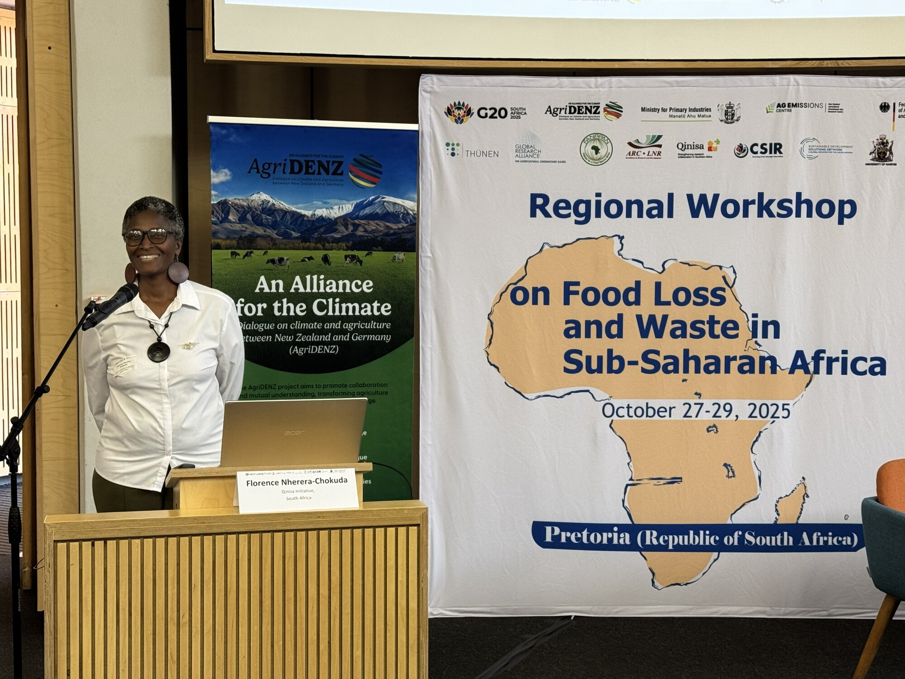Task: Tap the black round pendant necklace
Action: pos(158,351)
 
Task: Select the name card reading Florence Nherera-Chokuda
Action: pos(297,489)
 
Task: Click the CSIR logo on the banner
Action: pos(759,149)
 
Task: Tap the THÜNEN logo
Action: pos(472,151)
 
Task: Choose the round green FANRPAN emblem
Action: pos(596,149)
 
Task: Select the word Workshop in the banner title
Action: pos(771,207)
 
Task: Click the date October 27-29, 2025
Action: pos(695,411)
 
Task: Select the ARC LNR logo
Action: pos(644,147)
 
